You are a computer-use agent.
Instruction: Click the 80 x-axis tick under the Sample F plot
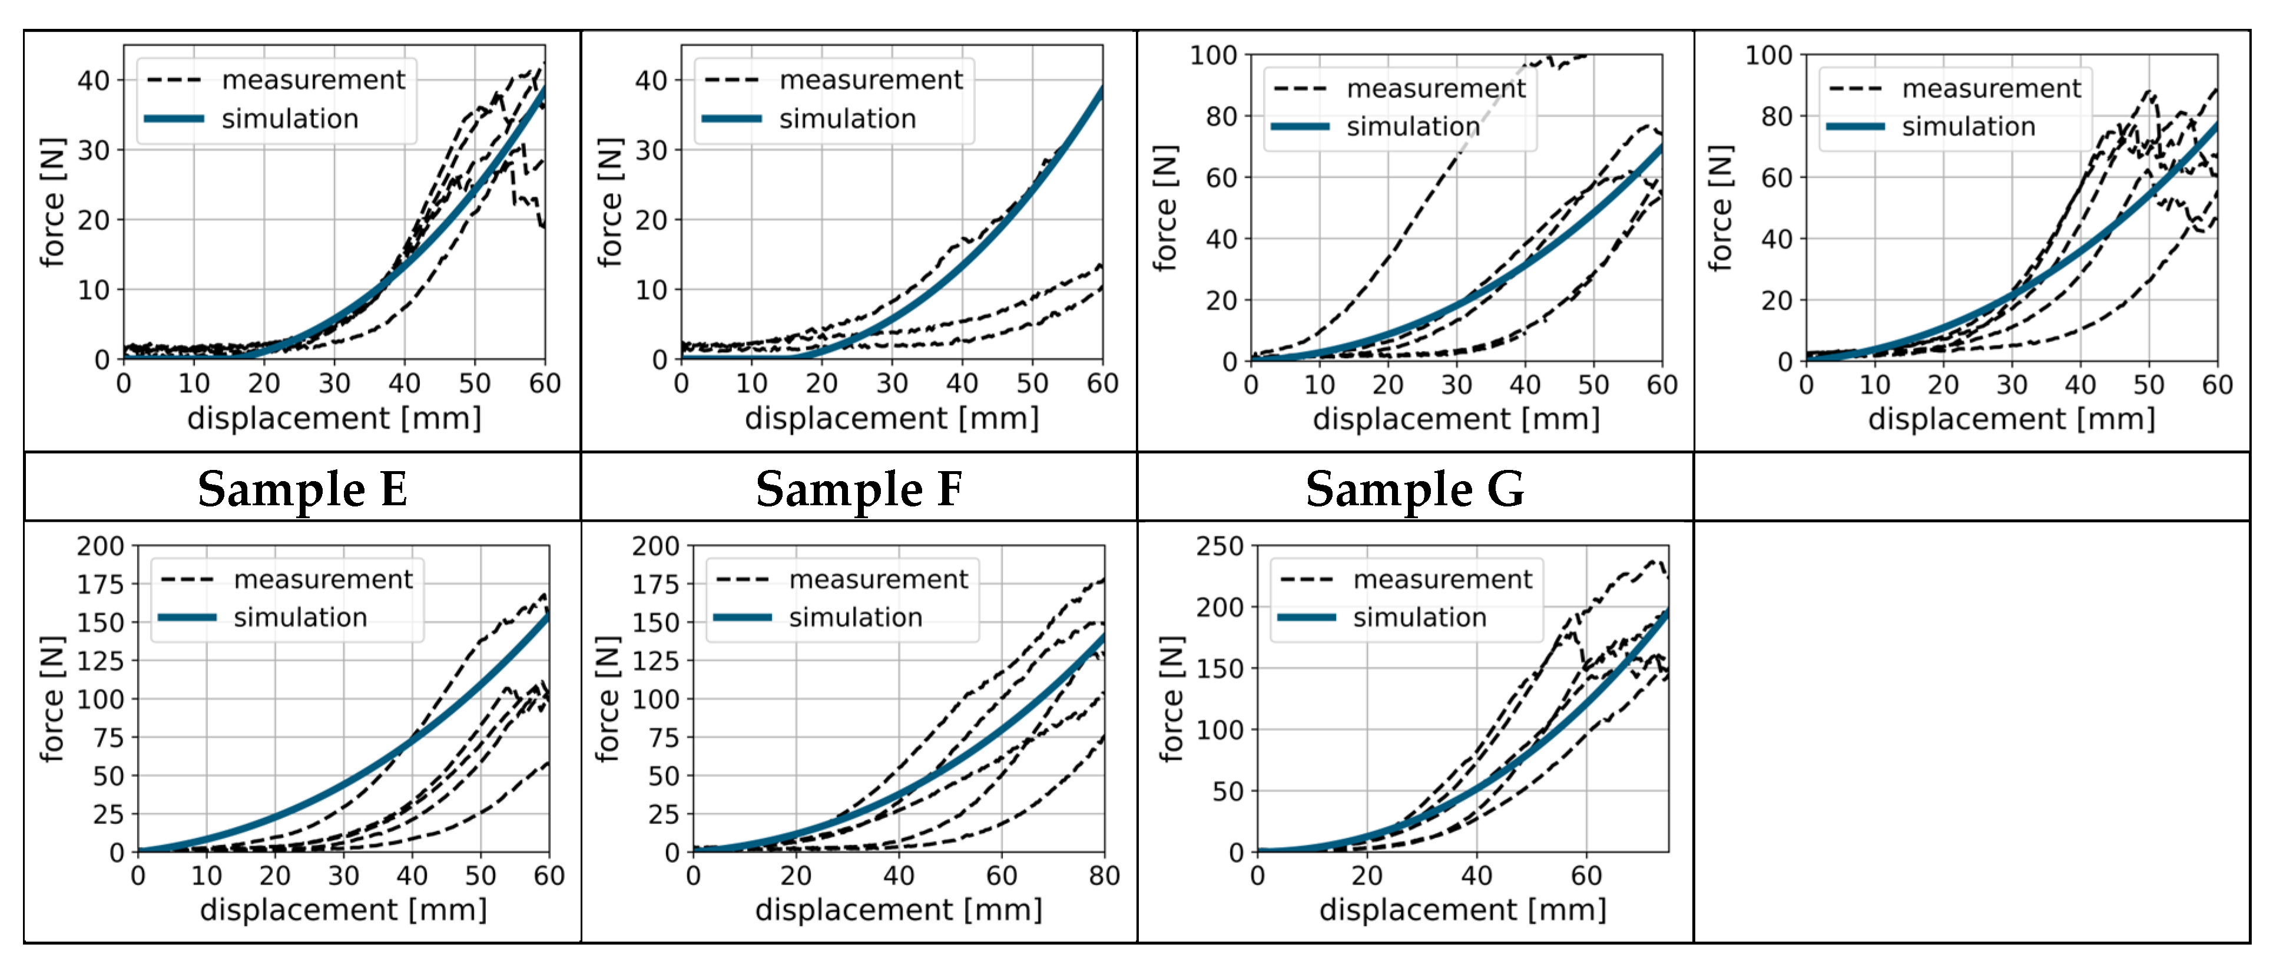coord(1104,876)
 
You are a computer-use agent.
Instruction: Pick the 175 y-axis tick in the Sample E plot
coord(101,584)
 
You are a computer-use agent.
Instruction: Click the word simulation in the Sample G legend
coord(1420,618)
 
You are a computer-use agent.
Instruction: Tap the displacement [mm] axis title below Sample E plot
coord(344,909)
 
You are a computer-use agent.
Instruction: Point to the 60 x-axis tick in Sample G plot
coord(1586,876)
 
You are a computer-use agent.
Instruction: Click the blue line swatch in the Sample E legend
coord(187,618)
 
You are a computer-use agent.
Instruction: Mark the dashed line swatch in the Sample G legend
coord(1306,580)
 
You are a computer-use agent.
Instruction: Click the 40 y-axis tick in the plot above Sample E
coord(94,81)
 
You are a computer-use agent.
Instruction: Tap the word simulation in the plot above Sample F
coord(848,119)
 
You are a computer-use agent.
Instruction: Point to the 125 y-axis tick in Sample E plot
coord(101,661)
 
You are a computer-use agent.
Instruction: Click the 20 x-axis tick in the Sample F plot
coord(796,876)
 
